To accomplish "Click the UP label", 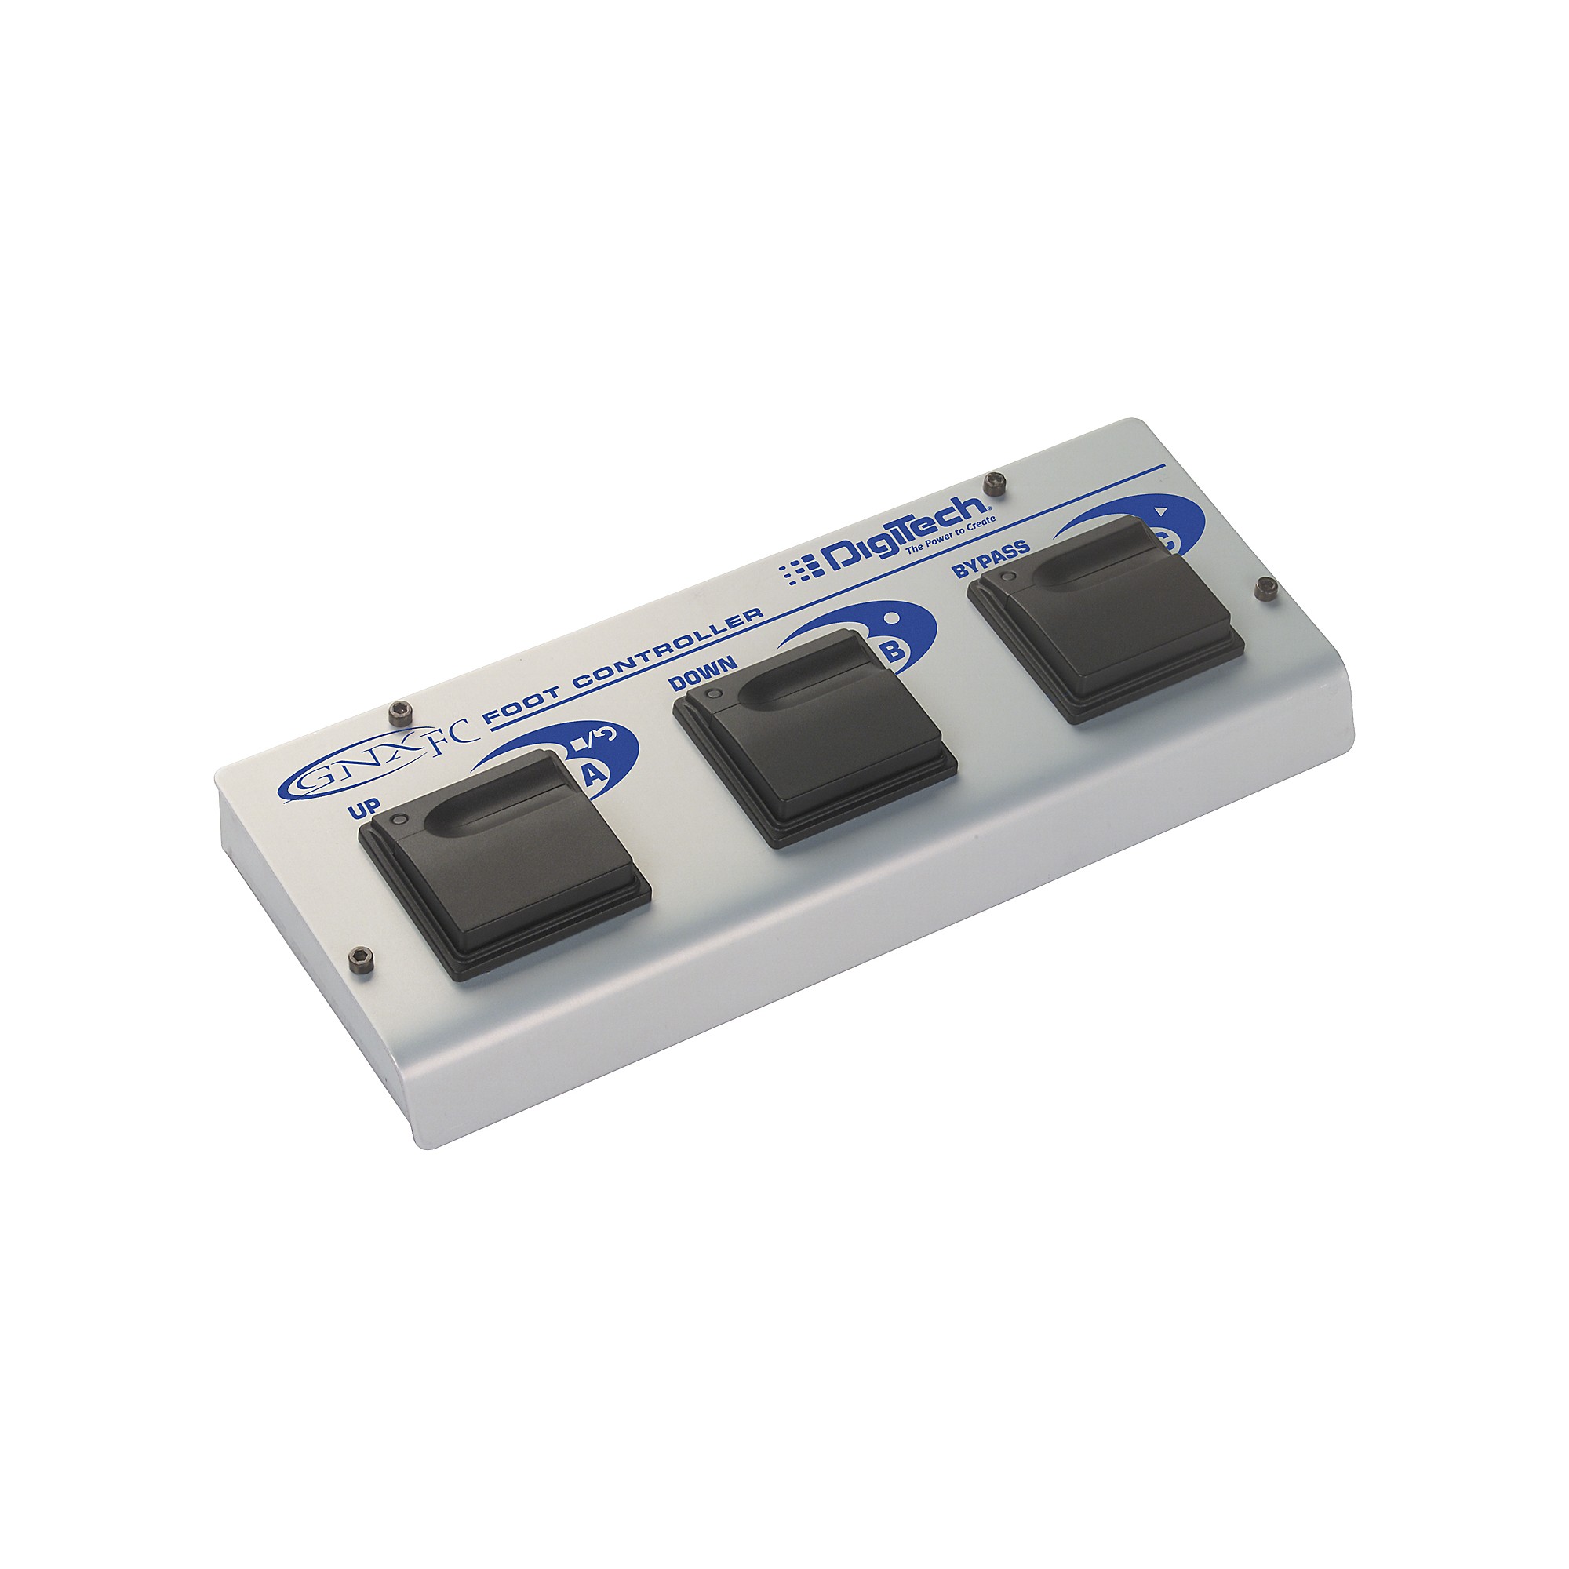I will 363,810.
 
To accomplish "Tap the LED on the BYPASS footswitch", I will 1008,577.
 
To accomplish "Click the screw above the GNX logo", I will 398,712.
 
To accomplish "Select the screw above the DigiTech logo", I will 992,484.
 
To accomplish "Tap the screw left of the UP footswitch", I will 359,961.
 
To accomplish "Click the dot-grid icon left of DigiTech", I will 797,572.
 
